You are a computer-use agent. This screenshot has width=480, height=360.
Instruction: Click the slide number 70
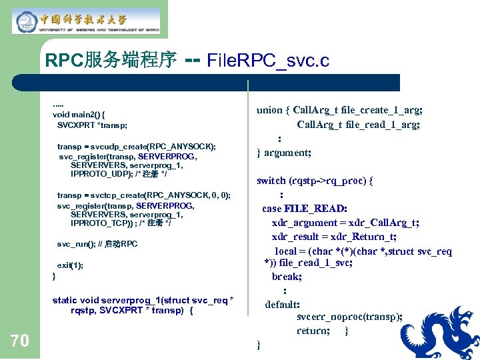20,341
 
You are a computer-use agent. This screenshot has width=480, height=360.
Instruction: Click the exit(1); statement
70,265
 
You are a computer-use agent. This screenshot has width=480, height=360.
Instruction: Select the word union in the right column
269,110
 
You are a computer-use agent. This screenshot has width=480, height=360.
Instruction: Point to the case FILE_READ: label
305,209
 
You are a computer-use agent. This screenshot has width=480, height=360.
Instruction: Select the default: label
283,304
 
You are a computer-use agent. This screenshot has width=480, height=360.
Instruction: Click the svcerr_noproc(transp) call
349,317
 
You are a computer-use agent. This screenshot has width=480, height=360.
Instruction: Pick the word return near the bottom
311,331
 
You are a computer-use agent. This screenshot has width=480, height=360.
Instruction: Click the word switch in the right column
272,180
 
